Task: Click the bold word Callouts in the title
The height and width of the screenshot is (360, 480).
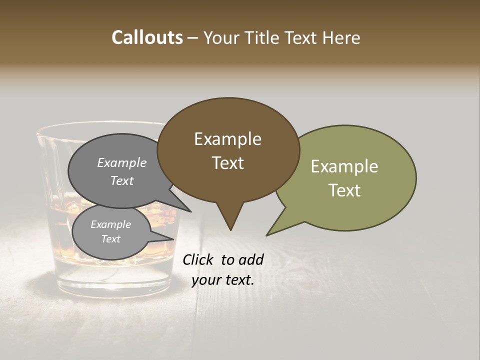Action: click(x=147, y=37)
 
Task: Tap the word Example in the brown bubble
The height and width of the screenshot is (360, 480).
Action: click(x=227, y=139)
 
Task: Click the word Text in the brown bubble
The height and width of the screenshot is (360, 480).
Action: click(x=227, y=163)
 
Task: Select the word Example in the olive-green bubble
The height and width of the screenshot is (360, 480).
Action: click(x=344, y=166)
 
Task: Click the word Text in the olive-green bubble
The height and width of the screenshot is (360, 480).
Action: click(x=344, y=190)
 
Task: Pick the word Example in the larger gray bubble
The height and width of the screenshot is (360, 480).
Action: click(x=122, y=162)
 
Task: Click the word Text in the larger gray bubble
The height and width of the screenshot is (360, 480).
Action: click(x=122, y=180)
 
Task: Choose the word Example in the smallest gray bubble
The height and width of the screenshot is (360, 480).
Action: click(x=110, y=224)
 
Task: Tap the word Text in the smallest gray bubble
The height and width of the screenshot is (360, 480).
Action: click(x=110, y=239)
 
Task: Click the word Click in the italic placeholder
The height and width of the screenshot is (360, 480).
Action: click(x=199, y=259)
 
